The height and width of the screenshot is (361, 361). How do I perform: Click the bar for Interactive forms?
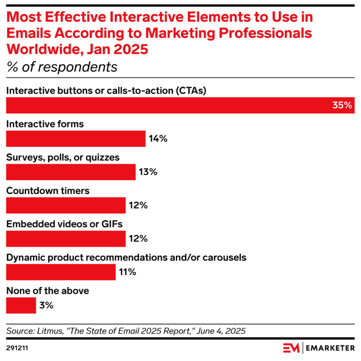76,139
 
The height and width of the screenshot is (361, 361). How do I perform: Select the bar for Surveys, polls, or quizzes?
71,172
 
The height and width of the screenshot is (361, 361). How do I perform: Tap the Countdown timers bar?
66,205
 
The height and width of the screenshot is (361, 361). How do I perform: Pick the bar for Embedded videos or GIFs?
66,239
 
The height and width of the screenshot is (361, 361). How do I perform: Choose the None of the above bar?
21,306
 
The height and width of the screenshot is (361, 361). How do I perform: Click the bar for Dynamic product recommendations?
61,272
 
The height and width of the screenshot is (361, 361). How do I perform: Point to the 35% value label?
342,105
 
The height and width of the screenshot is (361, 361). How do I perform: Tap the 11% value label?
127,272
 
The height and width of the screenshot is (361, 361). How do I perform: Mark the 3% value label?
46,306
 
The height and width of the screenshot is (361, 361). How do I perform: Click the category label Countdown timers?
48,191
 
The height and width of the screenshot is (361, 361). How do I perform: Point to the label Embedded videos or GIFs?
65,224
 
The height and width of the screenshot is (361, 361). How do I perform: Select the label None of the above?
48,291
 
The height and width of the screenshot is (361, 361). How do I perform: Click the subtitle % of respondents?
62,67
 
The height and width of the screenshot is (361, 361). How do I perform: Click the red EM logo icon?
291,348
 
